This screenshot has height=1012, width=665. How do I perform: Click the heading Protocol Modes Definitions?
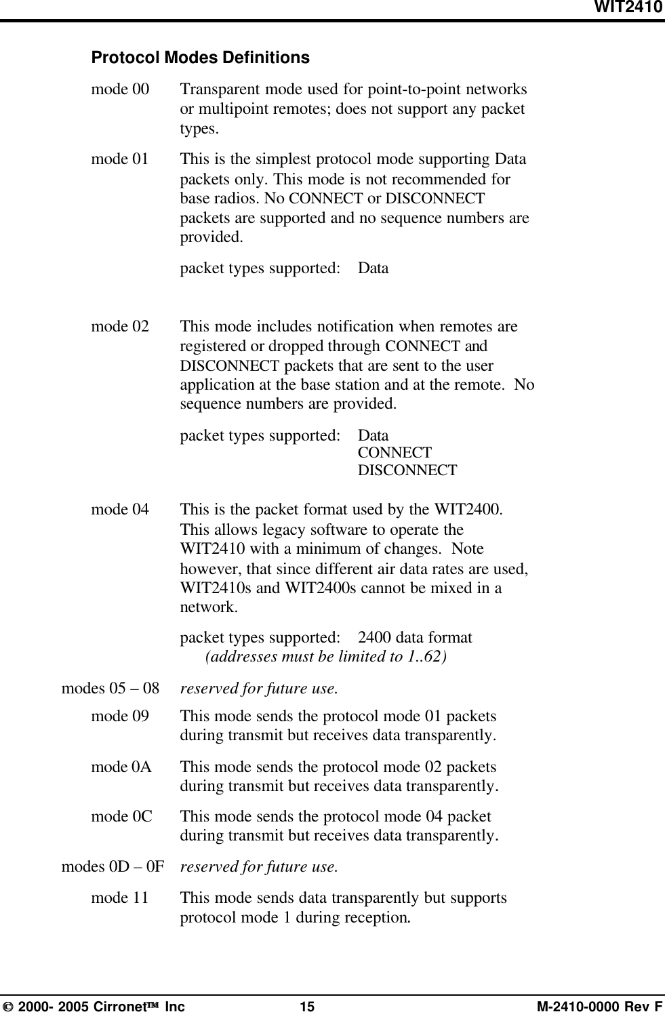pyautogui.click(x=200, y=58)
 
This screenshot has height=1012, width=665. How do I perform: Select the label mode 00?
pyautogui.click(x=121, y=90)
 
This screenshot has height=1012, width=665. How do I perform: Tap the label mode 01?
pyautogui.click(x=120, y=159)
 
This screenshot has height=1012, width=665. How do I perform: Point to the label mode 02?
pyautogui.click(x=120, y=327)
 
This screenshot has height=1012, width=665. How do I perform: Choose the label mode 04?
pyautogui.click(x=120, y=510)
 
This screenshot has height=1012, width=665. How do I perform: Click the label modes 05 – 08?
pyautogui.click(x=110, y=689)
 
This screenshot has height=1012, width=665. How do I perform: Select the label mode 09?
pyautogui.click(x=120, y=716)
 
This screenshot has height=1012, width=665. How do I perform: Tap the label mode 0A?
pyautogui.click(x=121, y=767)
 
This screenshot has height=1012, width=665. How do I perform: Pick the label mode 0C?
pyautogui.click(x=121, y=817)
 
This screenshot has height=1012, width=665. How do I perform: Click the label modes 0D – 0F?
pyautogui.click(x=113, y=866)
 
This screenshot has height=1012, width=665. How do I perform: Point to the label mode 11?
pyautogui.click(x=120, y=898)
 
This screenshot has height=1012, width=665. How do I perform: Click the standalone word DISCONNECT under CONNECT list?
pyautogui.click(x=407, y=470)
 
